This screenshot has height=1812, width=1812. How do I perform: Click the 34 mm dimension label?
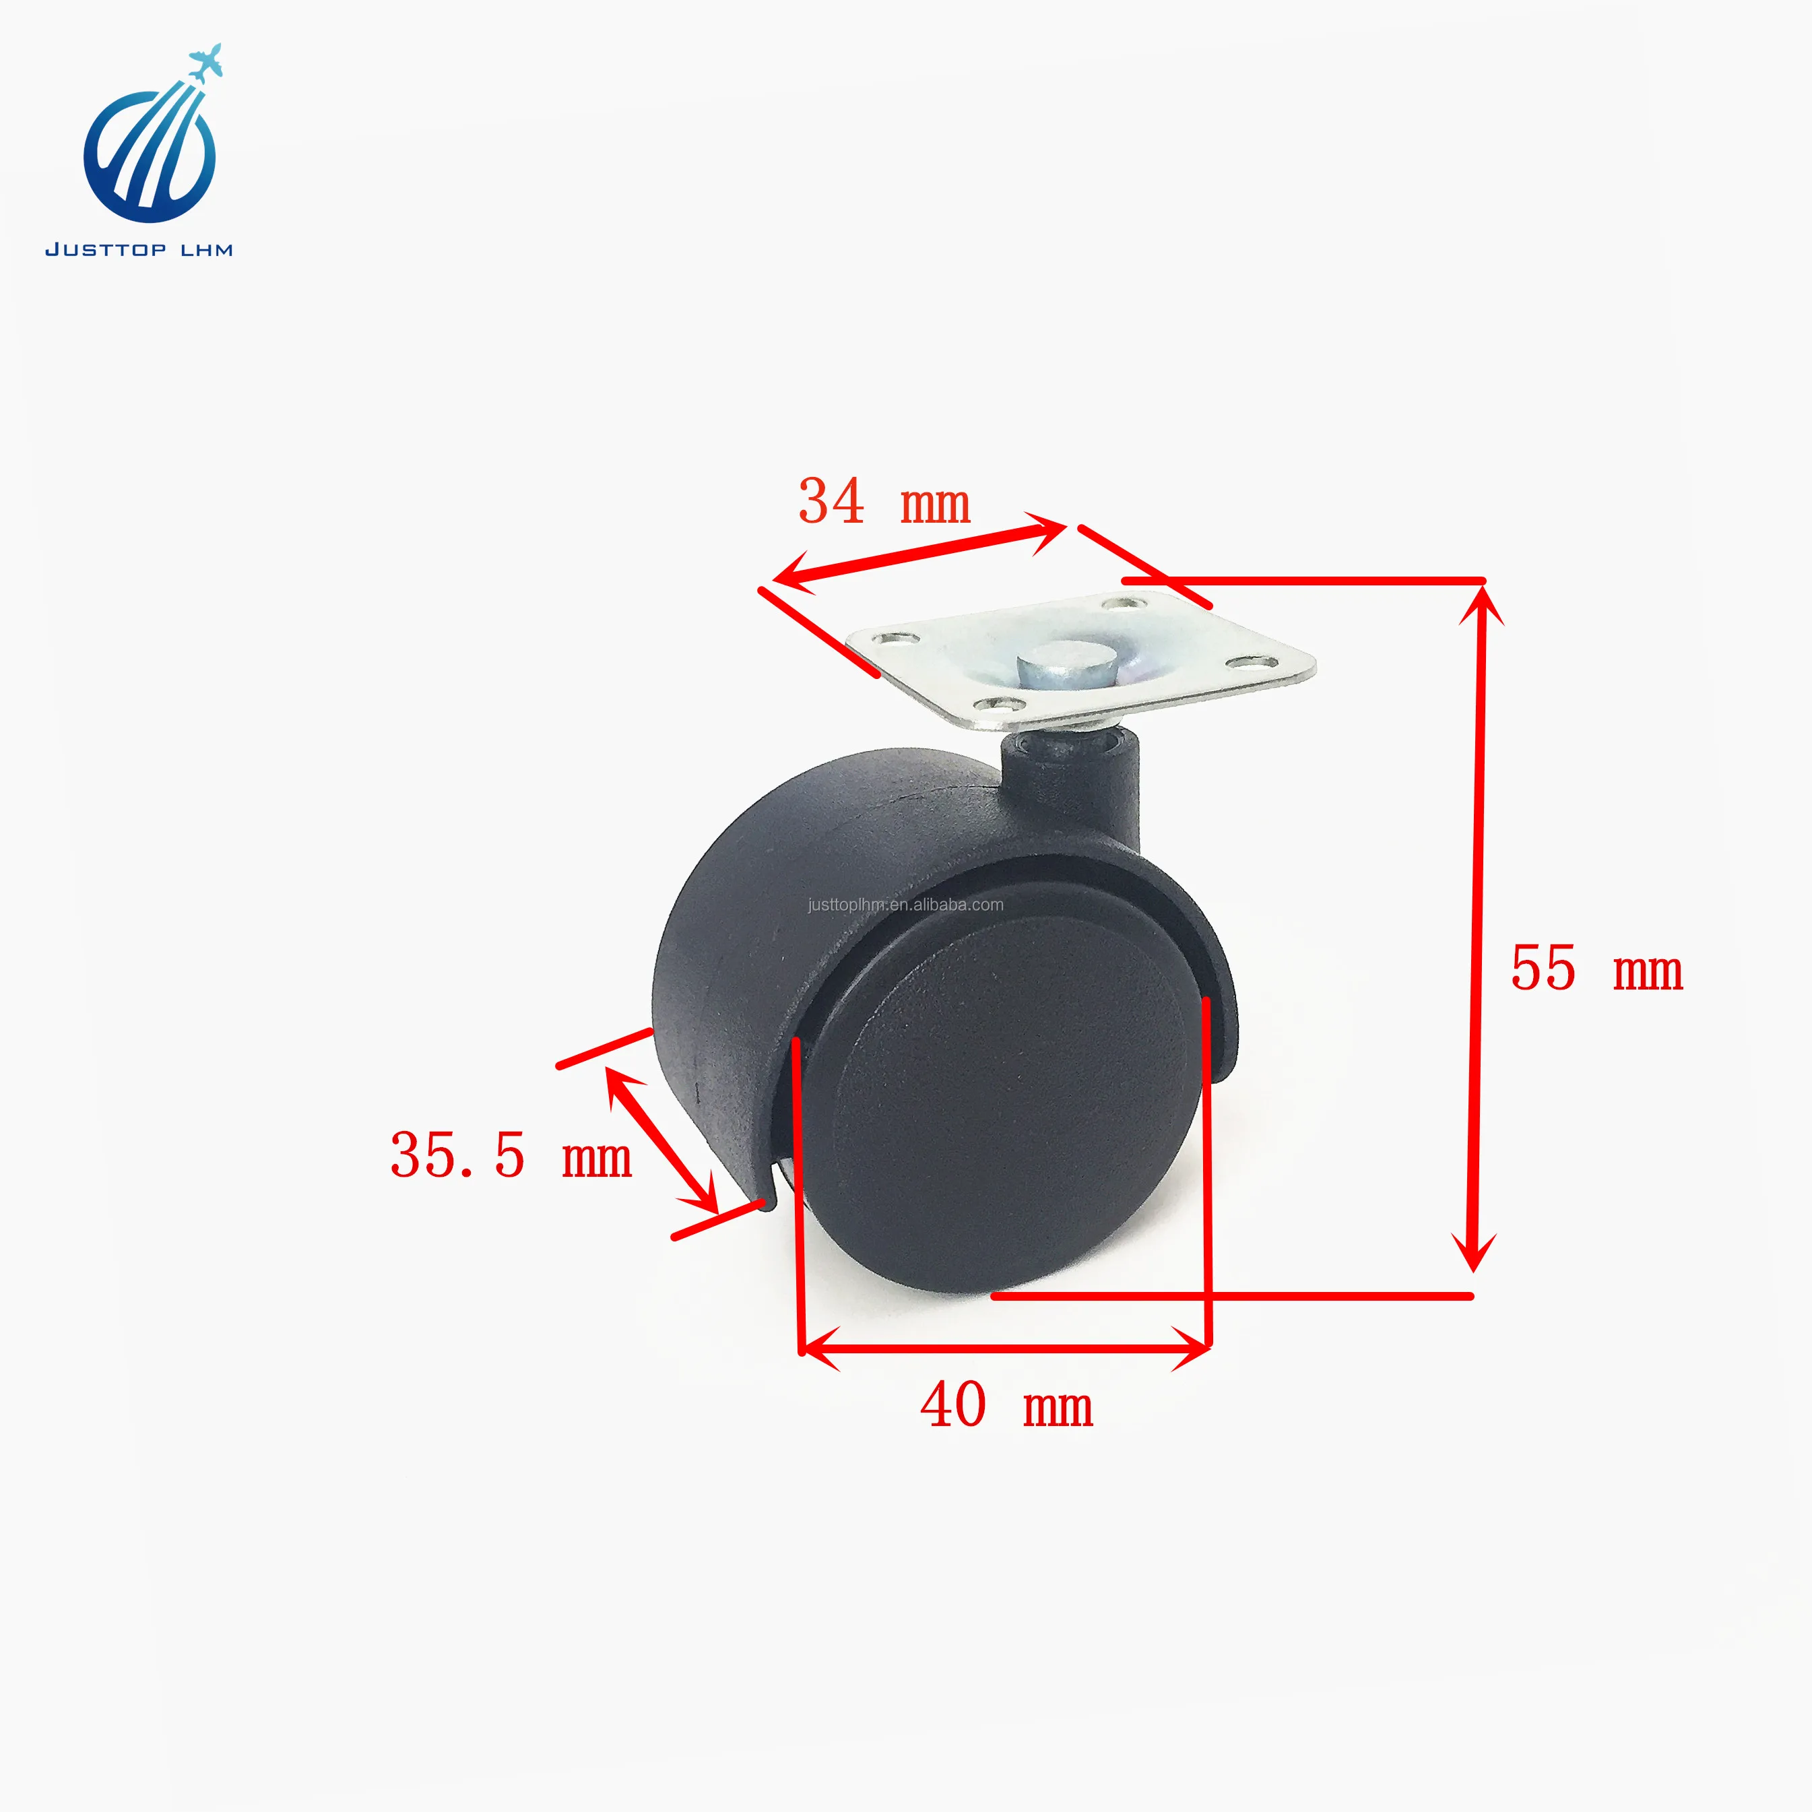884,502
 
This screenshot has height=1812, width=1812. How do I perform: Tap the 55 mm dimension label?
1596,969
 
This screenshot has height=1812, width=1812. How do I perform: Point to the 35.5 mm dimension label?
511,1155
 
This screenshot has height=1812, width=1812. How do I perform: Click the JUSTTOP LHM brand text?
139,249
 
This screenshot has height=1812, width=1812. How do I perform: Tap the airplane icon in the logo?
205,62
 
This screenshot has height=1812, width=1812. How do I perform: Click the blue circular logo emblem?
150,153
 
